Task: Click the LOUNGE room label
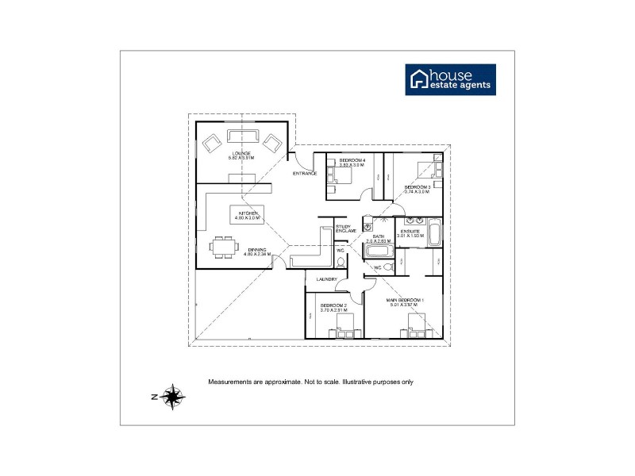(241, 153)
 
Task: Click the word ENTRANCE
(305, 173)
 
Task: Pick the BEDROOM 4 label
(352, 160)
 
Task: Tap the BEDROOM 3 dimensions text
(417, 192)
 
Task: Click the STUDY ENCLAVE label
(344, 229)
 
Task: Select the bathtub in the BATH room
(377, 251)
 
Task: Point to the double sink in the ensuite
(414, 221)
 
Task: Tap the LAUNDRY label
(326, 279)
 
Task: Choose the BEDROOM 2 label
(333, 305)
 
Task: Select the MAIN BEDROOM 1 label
(406, 299)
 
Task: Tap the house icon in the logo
(418, 79)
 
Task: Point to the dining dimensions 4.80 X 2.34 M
(257, 255)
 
